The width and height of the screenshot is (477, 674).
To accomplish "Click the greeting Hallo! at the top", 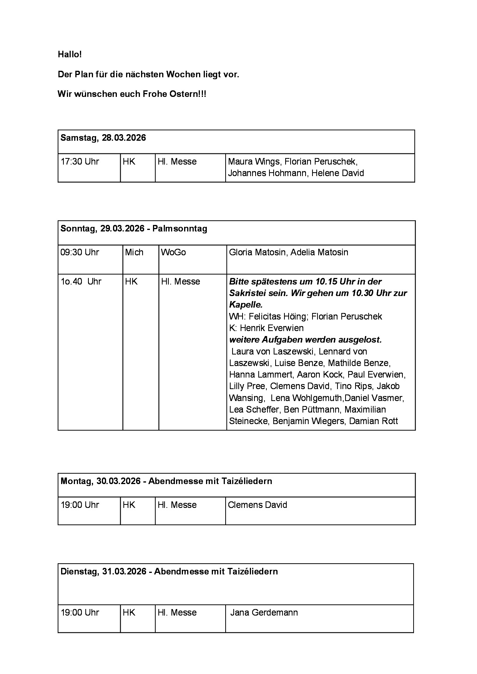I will [x=70, y=55].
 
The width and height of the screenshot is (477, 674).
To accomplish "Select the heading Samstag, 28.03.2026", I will [x=103, y=138].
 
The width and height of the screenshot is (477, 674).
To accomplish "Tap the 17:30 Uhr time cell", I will [x=80, y=161].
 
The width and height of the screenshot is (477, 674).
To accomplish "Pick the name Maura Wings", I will [x=254, y=161].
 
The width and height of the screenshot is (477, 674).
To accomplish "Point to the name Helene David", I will [x=337, y=173].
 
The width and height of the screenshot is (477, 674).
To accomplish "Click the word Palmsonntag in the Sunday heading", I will [x=179, y=229].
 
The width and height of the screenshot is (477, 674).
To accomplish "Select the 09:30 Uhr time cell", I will [x=80, y=253].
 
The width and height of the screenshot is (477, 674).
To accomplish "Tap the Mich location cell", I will [x=134, y=253].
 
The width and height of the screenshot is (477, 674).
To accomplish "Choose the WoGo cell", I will [x=173, y=253].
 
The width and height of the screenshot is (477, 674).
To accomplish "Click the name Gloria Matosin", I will [x=257, y=253].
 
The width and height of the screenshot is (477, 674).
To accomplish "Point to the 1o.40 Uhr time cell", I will [x=81, y=282].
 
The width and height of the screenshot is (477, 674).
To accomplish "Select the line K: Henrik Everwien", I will [x=266, y=328].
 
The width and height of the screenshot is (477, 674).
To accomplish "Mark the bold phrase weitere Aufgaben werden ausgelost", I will [x=305, y=340].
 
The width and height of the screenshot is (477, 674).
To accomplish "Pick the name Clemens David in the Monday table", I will [x=257, y=505].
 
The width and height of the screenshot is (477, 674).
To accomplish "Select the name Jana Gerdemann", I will [x=264, y=613].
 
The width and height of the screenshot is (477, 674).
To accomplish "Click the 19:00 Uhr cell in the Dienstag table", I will [x=80, y=613].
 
